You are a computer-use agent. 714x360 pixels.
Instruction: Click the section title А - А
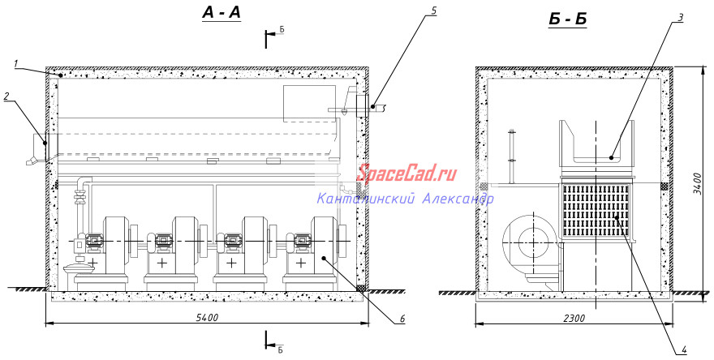tap(222, 14)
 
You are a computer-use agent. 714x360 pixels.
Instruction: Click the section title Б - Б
tap(567, 20)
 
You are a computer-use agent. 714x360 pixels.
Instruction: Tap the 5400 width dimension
tap(208, 317)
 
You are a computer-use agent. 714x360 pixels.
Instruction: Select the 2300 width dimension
tap(574, 318)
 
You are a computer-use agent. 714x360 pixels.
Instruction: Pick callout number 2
tap(6, 97)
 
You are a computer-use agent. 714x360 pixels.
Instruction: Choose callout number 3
tap(680, 18)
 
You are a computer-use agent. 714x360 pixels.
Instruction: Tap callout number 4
tap(683, 349)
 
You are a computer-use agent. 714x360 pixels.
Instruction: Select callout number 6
tap(402, 319)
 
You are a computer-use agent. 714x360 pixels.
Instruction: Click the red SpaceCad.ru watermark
tap(406, 174)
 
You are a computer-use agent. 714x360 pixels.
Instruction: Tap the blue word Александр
tap(458, 199)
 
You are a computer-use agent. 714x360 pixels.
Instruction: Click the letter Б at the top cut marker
tap(282, 29)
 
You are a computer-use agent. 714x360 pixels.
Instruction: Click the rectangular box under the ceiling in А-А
tap(309, 104)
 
